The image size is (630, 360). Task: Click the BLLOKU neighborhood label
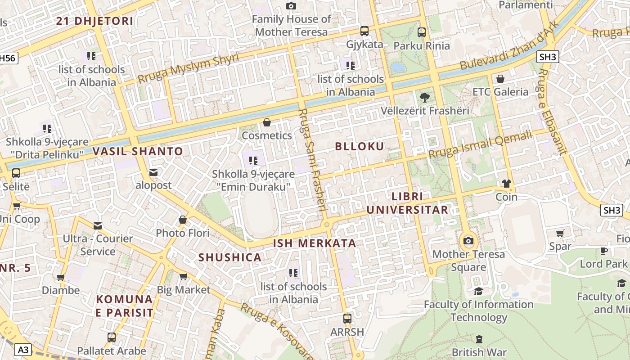click(x=360, y=146)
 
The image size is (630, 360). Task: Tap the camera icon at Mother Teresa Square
click(x=468, y=241)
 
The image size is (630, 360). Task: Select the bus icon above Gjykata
click(x=364, y=31)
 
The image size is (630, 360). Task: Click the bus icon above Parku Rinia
click(x=422, y=32)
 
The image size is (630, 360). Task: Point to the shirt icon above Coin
click(x=507, y=184)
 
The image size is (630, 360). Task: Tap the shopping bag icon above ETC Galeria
click(x=500, y=79)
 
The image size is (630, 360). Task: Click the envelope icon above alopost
click(x=153, y=172)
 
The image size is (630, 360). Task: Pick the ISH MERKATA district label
click(x=315, y=243)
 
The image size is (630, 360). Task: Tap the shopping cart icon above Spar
click(x=560, y=233)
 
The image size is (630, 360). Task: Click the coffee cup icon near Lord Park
click(x=603, y=251)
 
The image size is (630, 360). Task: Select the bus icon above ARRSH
click(x=347, y=319)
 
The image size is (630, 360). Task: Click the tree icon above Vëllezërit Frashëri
click(x=424, y=97)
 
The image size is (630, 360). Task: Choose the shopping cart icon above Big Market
click(x=183, y=276)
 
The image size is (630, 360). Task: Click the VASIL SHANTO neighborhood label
click(x=138, y=151)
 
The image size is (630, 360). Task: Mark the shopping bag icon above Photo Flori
click(x=183, y=220)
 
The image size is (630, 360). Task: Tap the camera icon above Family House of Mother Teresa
click(x=291, y=6)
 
